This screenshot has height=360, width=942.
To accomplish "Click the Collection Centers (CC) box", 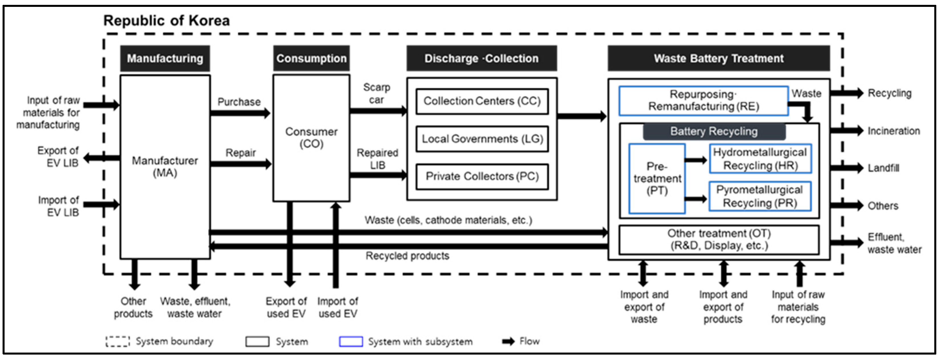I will click(x=482, y=101).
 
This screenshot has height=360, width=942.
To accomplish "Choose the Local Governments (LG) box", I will click(x=482, y=139).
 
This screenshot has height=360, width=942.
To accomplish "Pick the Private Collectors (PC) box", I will click(x=482, y=177).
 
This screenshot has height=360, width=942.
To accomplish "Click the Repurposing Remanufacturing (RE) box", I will click(x=703, y=101).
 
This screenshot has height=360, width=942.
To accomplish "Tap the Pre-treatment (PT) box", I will click(x=657, y=178).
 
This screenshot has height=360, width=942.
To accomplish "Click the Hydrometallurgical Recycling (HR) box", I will click(x=760, y=159).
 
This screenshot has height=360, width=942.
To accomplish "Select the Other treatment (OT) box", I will click(x=719, y=240).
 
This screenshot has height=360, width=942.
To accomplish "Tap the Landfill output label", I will click(x=883, y=168).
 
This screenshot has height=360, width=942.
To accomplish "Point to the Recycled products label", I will click(x=407, y=256).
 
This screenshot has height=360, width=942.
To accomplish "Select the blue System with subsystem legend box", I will click(x=351, y=341).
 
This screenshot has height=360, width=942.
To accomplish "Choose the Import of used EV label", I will click(x=337, y=307).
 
